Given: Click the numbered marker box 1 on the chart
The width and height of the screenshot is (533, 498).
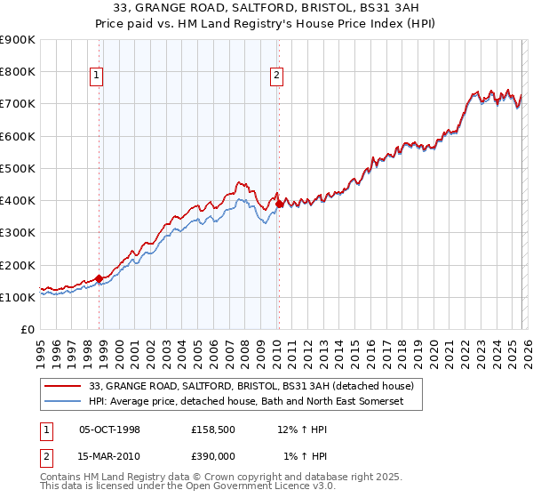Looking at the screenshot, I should [95, 76].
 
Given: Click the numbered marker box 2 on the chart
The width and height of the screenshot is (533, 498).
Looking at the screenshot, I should [277, 76].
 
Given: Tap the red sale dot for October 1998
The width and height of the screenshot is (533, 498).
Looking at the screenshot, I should [99, 278].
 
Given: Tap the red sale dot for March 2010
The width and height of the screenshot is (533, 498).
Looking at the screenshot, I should [279, 204].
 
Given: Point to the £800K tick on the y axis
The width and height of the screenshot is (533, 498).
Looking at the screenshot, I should [18, 72].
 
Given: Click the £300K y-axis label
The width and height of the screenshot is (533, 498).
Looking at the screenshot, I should [18, 233].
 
